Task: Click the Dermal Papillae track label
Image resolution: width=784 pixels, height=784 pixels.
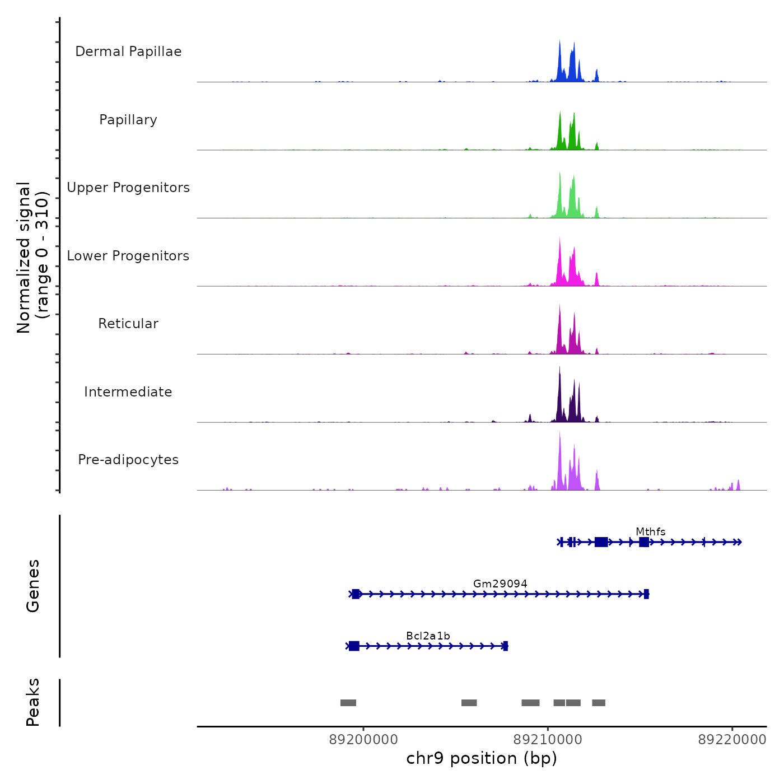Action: coord(128,52)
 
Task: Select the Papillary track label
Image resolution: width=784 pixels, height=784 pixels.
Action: coord(128,120)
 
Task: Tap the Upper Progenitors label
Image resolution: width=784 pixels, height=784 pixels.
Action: coord(128,188)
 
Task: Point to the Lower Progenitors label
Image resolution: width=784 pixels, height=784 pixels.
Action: coord(128,256)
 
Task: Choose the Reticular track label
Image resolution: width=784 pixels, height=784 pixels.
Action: coord(128,324)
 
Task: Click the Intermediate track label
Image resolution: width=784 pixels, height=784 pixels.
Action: coord(128,392)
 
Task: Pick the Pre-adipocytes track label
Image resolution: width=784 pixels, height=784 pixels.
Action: coord(128,460)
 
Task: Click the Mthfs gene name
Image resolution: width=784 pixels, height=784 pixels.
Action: coord(650,531)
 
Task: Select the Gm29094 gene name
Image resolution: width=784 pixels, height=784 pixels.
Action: coord(500,584)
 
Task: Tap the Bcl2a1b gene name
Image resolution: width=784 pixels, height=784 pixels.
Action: coord(428,636)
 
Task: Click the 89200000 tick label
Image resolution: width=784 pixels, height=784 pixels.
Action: coord(363,740)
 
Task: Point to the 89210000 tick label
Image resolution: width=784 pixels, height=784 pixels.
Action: coord(548,740)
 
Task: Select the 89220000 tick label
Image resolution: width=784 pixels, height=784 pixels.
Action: coord(732,740)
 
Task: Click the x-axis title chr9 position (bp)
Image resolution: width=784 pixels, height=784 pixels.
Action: coord(482,758)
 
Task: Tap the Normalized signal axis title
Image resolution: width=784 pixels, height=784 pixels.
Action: coord(32,257)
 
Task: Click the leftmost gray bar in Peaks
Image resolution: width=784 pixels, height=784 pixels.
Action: coord(348,703)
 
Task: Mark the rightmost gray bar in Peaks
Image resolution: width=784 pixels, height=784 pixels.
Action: coord(599,703)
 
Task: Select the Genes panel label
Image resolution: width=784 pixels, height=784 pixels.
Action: coord(33,586)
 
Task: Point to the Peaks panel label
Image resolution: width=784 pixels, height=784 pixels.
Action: coord(33,702)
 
